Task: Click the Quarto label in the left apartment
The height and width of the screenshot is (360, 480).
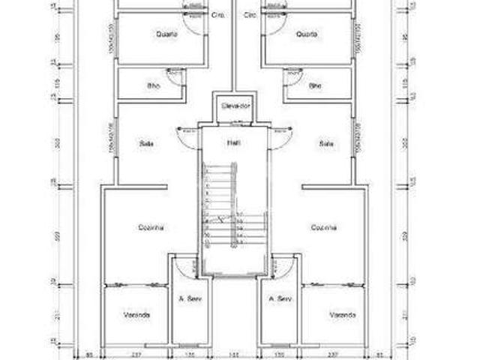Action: (x=166, y=34)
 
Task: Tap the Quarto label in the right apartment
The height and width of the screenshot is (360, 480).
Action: (x=306, y=34)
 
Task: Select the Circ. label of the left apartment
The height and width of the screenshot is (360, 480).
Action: (x=219, y=15)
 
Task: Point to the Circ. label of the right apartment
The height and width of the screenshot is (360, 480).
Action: (x=250, y=15)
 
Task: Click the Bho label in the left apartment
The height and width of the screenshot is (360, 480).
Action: (x=154, y=85)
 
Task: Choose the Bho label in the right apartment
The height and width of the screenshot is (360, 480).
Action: (x=315, y=85)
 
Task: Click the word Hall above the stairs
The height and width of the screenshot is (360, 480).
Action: (x=234, y=142)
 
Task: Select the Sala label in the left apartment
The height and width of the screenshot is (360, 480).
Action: (x=146, y=142)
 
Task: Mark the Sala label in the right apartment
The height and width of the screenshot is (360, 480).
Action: (x=325, y=142)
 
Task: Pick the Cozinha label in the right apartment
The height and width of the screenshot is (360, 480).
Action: (x=324, y=226)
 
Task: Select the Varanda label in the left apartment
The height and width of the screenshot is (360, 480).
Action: (x=136, y=315)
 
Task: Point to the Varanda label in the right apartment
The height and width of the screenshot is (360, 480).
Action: (x=341, y=315)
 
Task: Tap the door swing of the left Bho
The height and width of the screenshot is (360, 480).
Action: (x=178, y=75)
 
